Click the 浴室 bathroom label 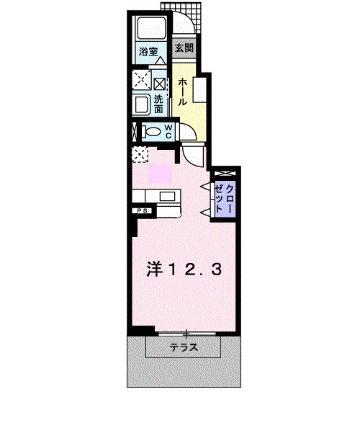click(149, 51)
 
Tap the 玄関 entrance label click(184, 48)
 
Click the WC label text click(167, 131)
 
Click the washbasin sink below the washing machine click(140, 105)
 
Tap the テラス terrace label click(184, 348)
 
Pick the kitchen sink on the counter click(167, 196)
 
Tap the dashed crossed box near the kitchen click(140, 153)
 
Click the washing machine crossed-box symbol click(140, 79)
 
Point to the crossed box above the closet click(224, 174)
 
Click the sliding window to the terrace click(186, 334)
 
